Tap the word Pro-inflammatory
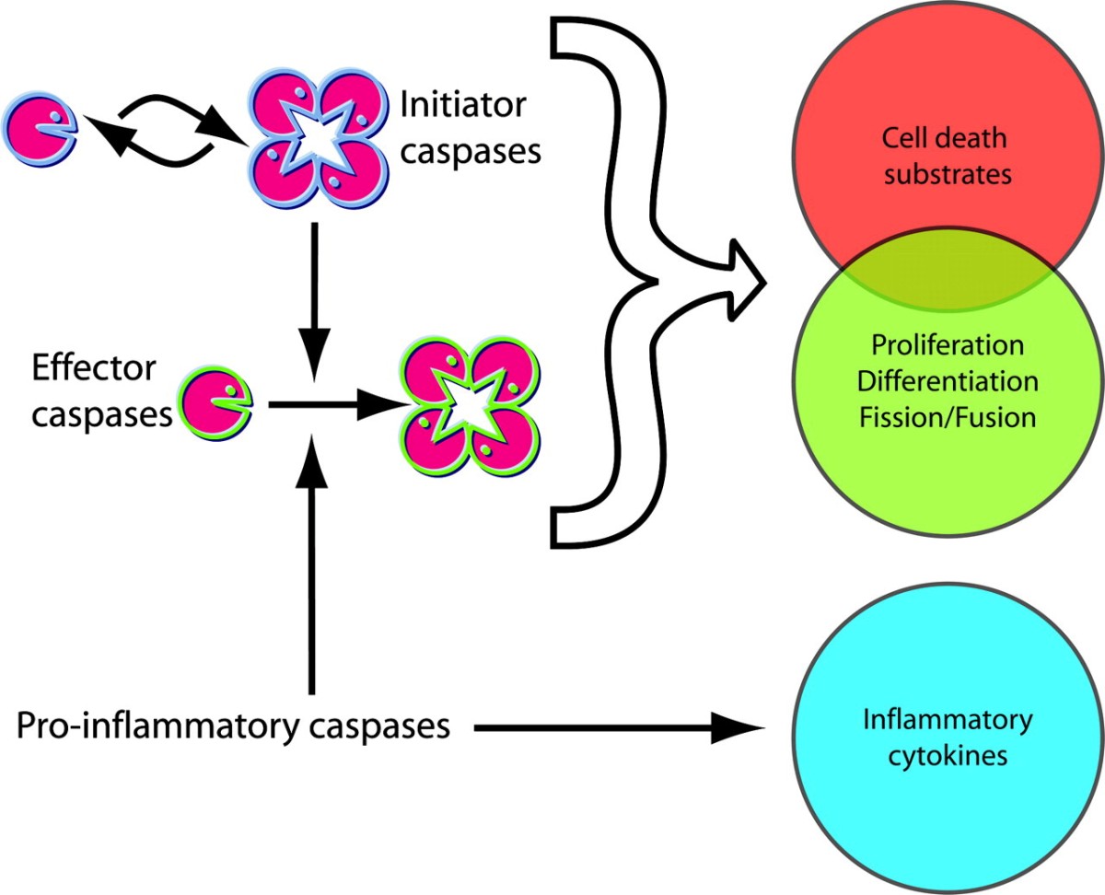[x=150, y=726]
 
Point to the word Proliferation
[x=948, y=346]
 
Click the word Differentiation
[x=948, y=381]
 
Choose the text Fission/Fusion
[x=948, y=416]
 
